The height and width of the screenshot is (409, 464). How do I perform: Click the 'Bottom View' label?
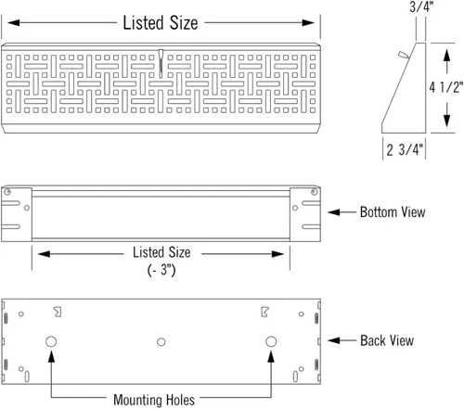[x=393, y=212]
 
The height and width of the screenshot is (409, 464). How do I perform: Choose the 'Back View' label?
[x=387, y=341]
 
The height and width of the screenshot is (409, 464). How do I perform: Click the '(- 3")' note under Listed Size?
[x=161, y=269]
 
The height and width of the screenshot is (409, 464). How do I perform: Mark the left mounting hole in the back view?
[x=50, y=342]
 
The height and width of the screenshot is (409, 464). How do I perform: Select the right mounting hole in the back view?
[x=271, y=342]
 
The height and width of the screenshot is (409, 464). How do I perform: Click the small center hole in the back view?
[x=161, y=343]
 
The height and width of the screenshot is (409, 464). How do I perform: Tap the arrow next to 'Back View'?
[x=342, y=341]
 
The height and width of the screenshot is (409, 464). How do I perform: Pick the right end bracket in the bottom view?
[x=306, y=211]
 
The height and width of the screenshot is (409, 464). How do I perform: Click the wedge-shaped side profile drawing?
[x=401, y=93]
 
